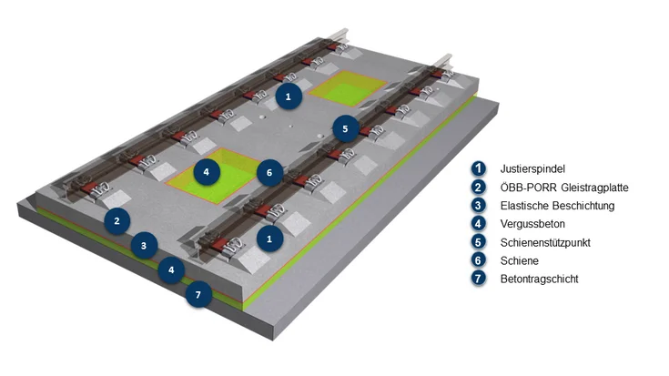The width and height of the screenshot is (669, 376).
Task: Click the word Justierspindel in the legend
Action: (x=532, y=169)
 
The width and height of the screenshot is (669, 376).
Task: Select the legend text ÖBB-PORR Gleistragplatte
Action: (x=564, y=188)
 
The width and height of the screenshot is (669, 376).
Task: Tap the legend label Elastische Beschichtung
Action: (x=557, y=206)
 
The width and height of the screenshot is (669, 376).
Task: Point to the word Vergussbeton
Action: (x=532, y=224)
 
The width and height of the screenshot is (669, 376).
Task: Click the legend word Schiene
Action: (x=520, y=260)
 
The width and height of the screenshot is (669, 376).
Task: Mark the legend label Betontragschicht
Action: (x=539, y=279)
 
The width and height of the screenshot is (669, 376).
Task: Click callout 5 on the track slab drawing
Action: (x=345, y=128)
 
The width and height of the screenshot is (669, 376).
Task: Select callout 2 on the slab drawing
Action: (x=117, y=219)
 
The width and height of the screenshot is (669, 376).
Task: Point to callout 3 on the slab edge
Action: (x=143, y=244)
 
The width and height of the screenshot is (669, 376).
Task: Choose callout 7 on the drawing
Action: (x=199, y=295)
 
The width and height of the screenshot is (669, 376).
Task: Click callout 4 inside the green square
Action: (x=207, y=170)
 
